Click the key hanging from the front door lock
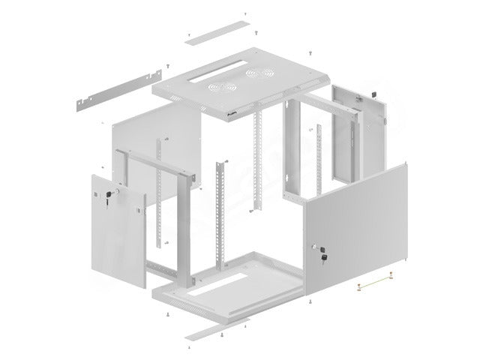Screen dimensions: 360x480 tap(325, 258)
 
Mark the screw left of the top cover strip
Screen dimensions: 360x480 tap(189, 36)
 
